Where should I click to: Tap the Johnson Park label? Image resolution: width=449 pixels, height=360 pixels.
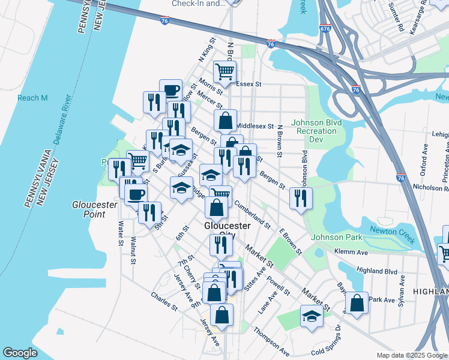pyautogui.click(x=337, y=237)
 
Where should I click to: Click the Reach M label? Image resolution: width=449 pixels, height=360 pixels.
pyautogui.click(x=32, y=98)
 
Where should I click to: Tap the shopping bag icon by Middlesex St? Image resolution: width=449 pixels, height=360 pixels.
pyautogui.click(x=225, y=121)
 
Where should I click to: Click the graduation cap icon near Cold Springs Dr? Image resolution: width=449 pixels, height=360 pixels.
pyautogui.click(x=311, y=317)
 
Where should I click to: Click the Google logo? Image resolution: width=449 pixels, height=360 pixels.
pyautogui.click(x=20, y=353)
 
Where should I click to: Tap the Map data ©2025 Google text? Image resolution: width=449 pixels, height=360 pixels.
pyautogui.click(x=412, y=355)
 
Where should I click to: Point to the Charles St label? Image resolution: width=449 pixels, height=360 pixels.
pyautogui.click(x=164, y=301)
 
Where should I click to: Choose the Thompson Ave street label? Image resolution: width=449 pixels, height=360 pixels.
pyautogui.click(x=271, y=340)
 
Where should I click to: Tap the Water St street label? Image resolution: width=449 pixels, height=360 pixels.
pyautogui.click(x=121, y=232)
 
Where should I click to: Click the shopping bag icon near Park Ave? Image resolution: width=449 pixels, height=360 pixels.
pyautogui.click(x=357, y=304)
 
